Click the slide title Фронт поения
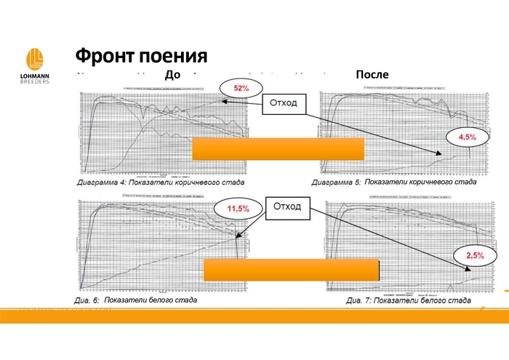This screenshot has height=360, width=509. [142, 56]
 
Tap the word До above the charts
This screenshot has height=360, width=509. [172, 74]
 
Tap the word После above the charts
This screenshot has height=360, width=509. [372, 74]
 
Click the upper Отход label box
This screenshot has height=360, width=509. [283, 103]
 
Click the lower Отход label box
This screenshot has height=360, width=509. [286, 207]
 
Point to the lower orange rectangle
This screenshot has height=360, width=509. [291, 269]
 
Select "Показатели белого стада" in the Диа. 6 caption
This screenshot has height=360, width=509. [151, 300]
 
